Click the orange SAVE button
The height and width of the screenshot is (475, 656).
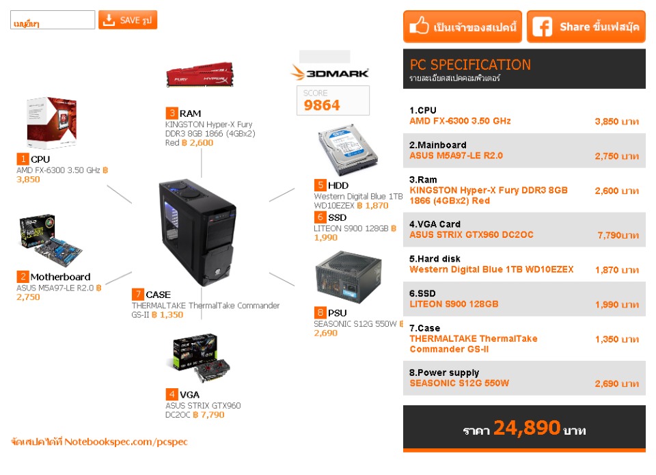click(x=128, y=20)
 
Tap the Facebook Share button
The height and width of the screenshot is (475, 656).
click(x=586, y=27)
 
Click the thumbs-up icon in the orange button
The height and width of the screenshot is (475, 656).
click(x=419, y=27)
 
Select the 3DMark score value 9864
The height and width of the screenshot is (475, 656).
click(x=322, y=105)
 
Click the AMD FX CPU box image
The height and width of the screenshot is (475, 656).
click(x=50, y=123)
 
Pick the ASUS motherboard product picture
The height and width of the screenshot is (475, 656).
click(x=46, y=241)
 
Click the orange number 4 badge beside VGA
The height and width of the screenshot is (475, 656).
click(x=171, y=394)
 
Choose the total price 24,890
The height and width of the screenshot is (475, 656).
click(x=527, y=429)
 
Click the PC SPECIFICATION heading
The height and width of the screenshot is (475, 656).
click(x=470, y=65)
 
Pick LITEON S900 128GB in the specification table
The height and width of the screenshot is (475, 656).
click(x=454, y=304)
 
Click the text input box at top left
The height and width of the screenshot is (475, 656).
click(x=53, y=21)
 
